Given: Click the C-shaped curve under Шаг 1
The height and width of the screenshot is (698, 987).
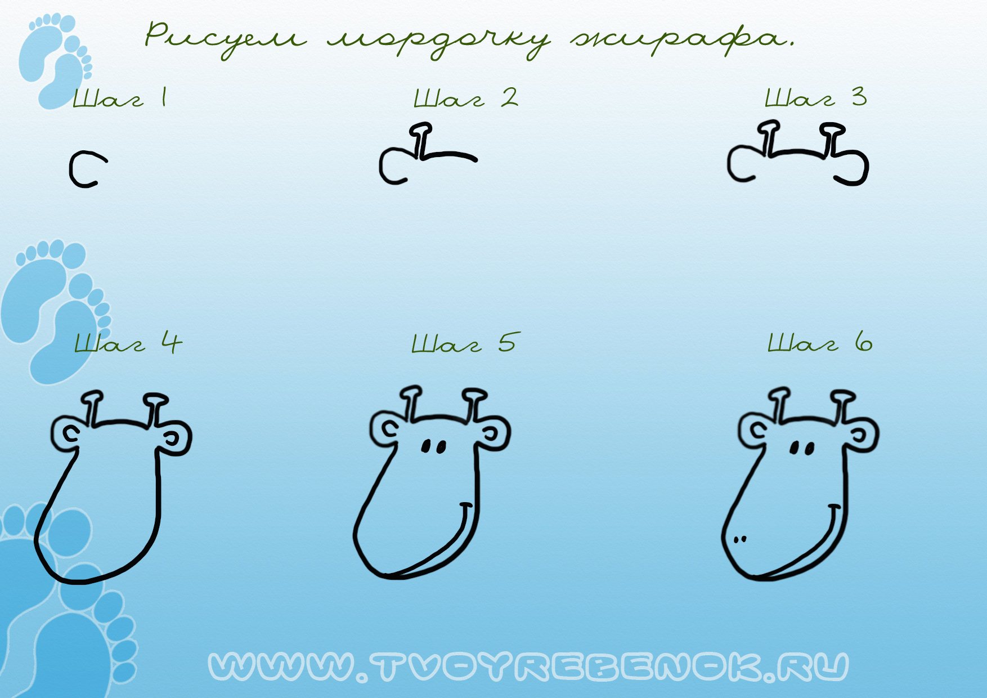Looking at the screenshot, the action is [x=71, y=169].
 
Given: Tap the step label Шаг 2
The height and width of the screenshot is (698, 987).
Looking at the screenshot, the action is [x=466, y=98].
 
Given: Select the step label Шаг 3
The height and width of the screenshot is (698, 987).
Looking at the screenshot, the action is [x=816, y=97].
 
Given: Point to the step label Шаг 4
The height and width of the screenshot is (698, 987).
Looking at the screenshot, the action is [x=128, y=342].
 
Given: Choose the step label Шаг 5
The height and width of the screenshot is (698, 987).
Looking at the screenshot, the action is [x=464, y=342].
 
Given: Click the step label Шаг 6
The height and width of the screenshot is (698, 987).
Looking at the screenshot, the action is [x=820, y=342].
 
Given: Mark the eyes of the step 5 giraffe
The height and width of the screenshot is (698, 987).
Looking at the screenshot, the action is [x=434, y=447].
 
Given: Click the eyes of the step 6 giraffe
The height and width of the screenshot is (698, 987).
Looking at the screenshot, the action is [x=802, y=449].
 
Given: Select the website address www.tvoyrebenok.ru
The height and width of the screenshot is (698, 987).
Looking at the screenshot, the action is [x=528, y=667].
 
